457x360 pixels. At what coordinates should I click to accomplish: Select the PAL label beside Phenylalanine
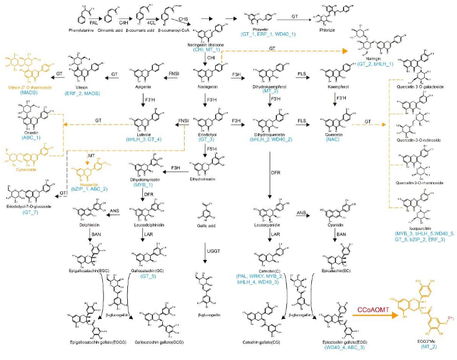pyautogui.click(x=94, y=22)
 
